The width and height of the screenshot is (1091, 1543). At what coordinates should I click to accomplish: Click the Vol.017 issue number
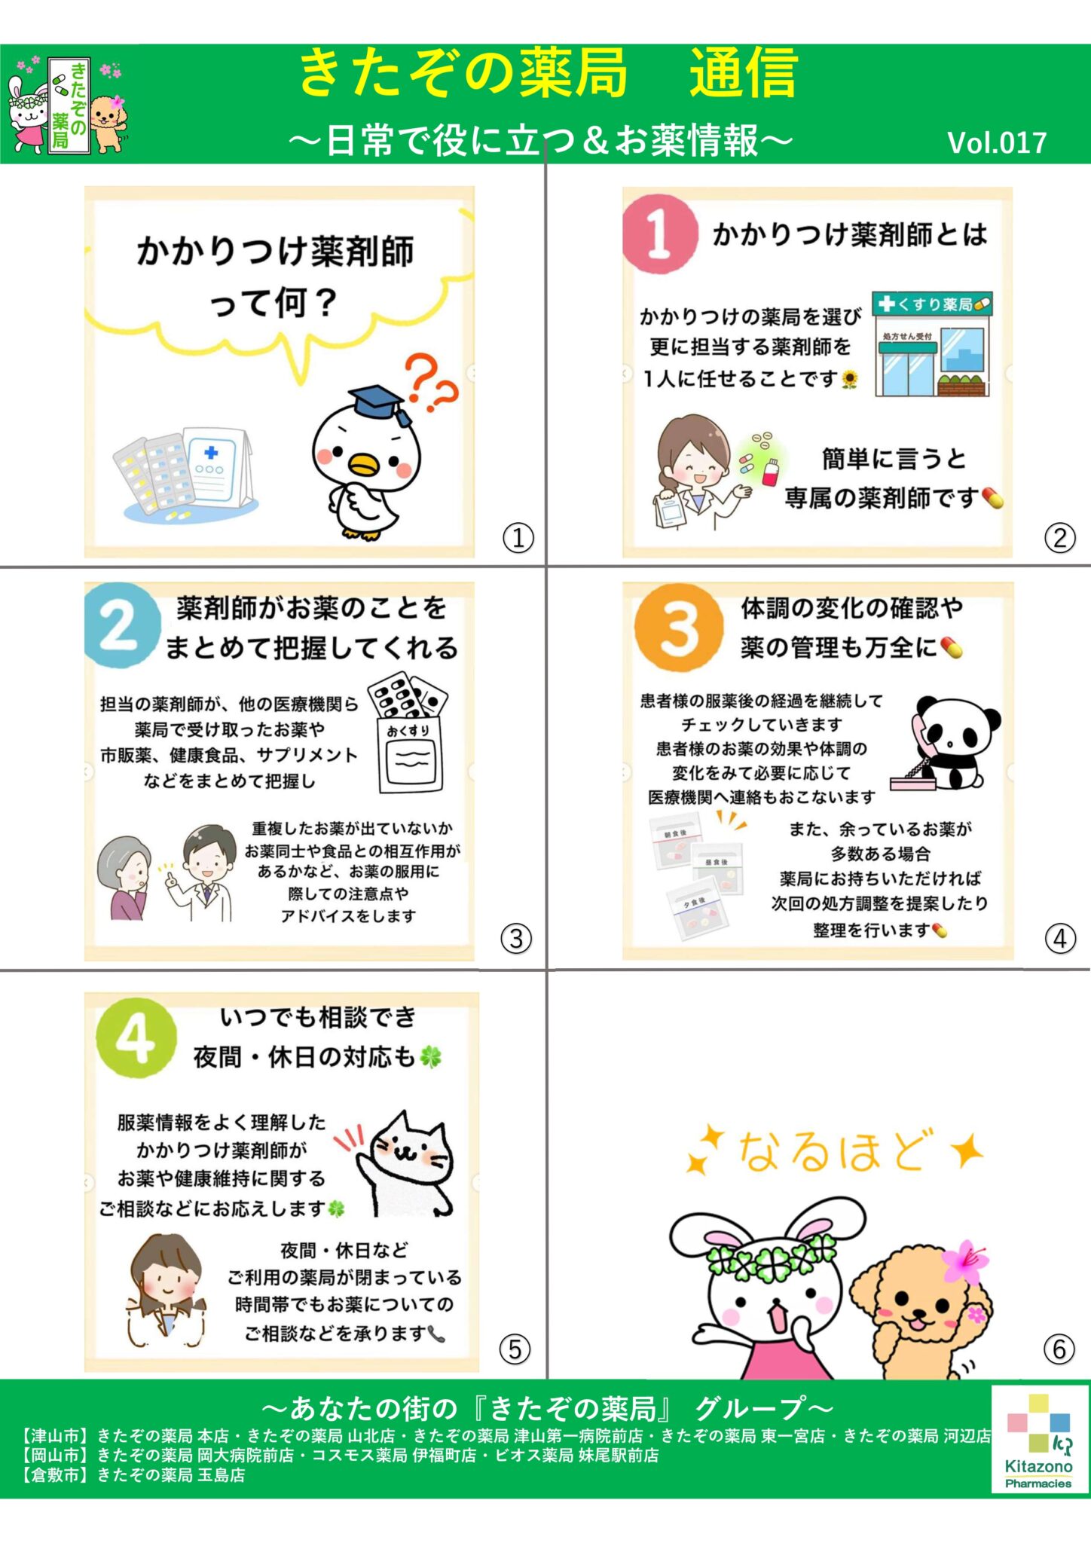pyautogui.click(x=996, y=142)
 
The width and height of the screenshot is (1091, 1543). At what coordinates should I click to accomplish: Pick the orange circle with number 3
pyautogui.click(x=678, y=627)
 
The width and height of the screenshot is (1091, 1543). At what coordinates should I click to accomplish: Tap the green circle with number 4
pyautogui.click(x=136, y=1039)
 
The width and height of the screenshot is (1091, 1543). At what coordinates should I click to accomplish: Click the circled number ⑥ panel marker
pyautogui.click(x=1059, y=1349)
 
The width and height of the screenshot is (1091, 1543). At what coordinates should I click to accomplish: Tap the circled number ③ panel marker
pyautogui.click(x=516, y=939)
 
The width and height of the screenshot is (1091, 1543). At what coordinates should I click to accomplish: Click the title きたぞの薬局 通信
pyautogui.click(x=547, y=74)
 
